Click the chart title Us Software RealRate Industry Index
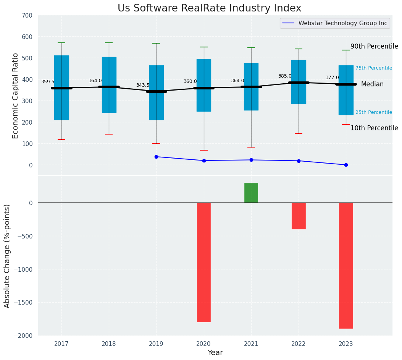209,8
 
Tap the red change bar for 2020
204,262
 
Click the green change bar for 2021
251,193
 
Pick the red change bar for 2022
299,216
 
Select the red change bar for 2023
346,266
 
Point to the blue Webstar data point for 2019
157,157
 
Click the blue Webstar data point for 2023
346,165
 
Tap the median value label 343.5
143,85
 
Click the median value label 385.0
285,76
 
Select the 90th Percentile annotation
374,46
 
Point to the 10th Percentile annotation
374,128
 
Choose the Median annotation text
372,84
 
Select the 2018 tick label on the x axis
109,344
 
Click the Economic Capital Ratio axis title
16,96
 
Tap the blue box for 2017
61,88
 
